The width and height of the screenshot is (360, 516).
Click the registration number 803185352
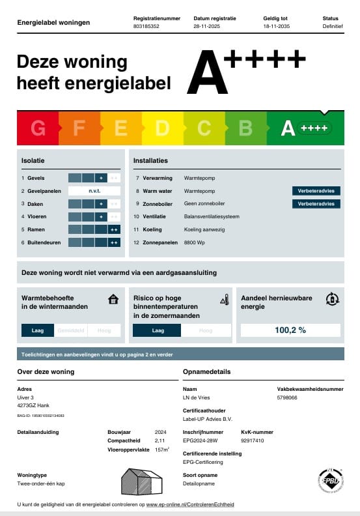pos(146,27)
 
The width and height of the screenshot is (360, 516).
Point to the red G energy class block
pos(38,128)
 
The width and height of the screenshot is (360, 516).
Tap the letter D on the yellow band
pos(162,128)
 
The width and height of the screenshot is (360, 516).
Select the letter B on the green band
pos(245,128)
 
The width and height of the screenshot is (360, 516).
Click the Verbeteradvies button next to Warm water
pos(316,191)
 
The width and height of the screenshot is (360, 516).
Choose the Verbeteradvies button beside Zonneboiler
pos(316,204)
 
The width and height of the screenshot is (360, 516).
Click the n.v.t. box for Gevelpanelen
pos(94,191)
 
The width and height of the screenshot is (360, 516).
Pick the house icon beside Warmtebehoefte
pos(113,299)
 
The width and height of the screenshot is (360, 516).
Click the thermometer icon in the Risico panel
pos(225,299)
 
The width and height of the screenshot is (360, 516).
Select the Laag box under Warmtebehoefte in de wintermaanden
pos(38,330)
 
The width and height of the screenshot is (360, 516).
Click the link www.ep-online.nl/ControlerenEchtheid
pos(189,504)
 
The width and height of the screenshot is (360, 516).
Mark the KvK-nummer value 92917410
pos(253,440)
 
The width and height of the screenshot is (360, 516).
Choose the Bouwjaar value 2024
pos(161,432)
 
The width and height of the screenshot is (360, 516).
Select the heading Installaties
pos(150,160)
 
